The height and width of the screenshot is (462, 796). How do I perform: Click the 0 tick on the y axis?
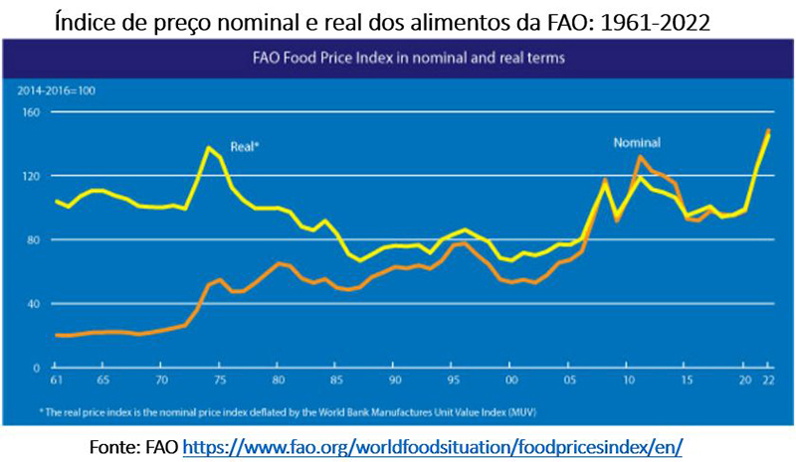tap(36, 368)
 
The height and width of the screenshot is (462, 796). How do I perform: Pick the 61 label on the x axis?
tap(57, 381)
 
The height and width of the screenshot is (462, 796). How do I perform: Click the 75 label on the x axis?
tap(220, 381)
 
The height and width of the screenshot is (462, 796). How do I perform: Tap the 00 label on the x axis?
tap(510, 381)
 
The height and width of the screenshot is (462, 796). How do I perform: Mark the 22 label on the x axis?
tap(767, 381)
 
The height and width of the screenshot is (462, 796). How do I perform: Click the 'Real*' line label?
tap(245, 145)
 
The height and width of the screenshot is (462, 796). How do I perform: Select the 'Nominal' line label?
tap(636, 143)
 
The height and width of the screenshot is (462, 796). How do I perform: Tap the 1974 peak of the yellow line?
tap(208, 148)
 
